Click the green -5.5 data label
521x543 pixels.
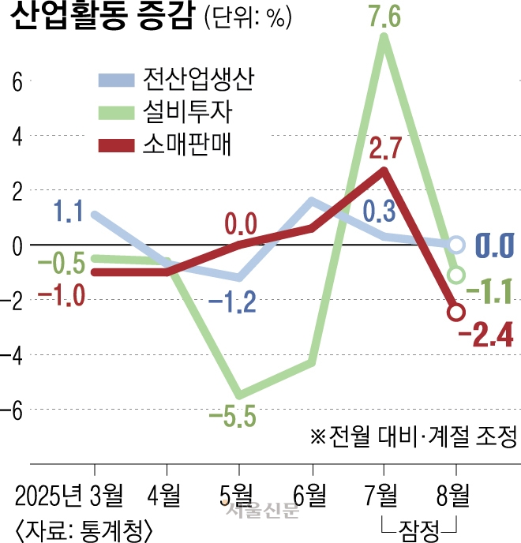click(x=233, y=416)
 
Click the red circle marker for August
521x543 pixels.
click(x=455, y=312)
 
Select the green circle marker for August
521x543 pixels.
click(x=455, y=275)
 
